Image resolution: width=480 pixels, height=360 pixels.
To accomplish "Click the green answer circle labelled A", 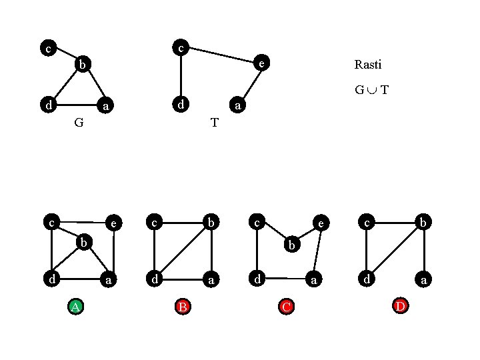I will click(x=76, y=307).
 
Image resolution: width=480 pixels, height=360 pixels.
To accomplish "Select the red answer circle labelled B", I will click(x=182, y=307).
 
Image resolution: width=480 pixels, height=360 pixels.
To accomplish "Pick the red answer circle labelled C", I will click(x=286, y=307).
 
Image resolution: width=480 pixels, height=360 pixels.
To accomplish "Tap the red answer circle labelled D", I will click(x=399, y=306).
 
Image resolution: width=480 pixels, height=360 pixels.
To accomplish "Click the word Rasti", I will click(x=368, y=65).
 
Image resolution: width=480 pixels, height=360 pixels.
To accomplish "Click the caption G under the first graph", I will click(x=79, y=122).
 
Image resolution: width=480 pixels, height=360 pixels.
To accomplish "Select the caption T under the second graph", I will click(x=214, y=122).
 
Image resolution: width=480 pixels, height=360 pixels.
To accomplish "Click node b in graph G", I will click(x=81, y=64).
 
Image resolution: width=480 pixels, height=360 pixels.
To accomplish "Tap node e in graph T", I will click(x=263, y=64).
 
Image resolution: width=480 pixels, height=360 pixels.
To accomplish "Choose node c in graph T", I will click(x=180, y=47).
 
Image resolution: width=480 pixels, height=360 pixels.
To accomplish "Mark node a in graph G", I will click(x=105, y=105).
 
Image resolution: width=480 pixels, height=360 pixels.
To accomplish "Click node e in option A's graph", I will click(x=114, y=223).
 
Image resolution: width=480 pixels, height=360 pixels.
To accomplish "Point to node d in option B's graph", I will click(x=155, y=278).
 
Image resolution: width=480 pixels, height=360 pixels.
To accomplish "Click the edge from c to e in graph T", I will click(x=221, y=55).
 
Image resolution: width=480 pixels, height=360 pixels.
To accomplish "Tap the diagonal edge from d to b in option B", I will click(x=183, y=250).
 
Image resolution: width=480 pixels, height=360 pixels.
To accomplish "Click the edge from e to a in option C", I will click(x=317, y=252).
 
